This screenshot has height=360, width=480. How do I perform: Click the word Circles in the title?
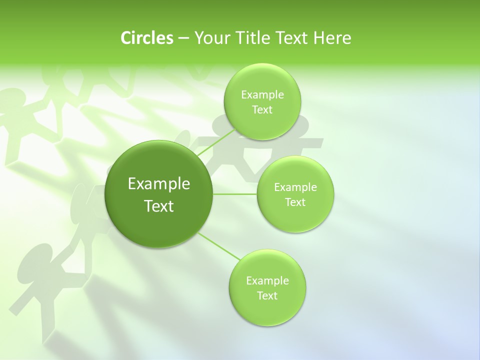point(147,38)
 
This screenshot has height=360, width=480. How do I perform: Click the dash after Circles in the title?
point(183,38)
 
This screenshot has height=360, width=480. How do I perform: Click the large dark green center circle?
point(159,194)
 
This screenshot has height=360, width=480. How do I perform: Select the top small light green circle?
point(262,101)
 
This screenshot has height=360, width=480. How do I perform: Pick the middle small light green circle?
point(295,194)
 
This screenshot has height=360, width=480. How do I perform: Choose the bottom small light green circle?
point(267,287)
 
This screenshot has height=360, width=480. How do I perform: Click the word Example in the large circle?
point(159,184)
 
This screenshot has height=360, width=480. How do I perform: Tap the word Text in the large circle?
point(159,206)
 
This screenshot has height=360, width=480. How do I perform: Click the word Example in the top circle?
point(262,94)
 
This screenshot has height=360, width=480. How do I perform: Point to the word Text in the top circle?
point(262,110)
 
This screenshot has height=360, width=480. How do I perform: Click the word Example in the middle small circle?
point(295,187)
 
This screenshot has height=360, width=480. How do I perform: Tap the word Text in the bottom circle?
point(267,295)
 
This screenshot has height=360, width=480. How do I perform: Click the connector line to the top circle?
point(216,142)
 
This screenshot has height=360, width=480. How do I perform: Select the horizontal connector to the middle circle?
point(235,193)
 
